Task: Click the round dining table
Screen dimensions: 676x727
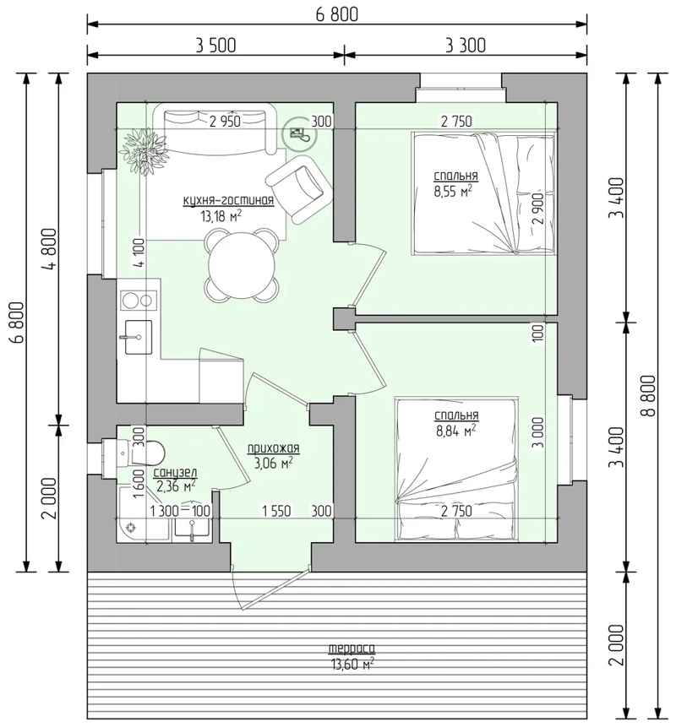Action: point(242,265)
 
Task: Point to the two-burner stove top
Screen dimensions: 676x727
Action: point(139,300)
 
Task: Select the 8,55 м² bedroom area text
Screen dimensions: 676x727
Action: point(453,192)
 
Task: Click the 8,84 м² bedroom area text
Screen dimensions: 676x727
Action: point(456,431)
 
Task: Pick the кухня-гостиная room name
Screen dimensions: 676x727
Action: point(228,200)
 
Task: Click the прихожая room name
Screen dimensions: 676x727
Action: point(273,448)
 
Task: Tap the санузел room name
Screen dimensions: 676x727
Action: point(175,473)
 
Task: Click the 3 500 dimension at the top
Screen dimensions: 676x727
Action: point(215,46)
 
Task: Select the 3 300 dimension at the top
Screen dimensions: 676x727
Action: point(466,46)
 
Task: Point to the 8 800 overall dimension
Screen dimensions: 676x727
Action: point(650,395)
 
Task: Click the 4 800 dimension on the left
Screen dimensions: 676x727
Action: point(50,248)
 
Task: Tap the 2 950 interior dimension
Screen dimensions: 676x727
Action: point(225,122)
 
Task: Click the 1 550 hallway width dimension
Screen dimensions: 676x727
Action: point(276,511)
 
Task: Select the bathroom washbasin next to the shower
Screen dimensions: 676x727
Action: point(192,529)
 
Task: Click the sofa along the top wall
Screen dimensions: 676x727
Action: point(215,129)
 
